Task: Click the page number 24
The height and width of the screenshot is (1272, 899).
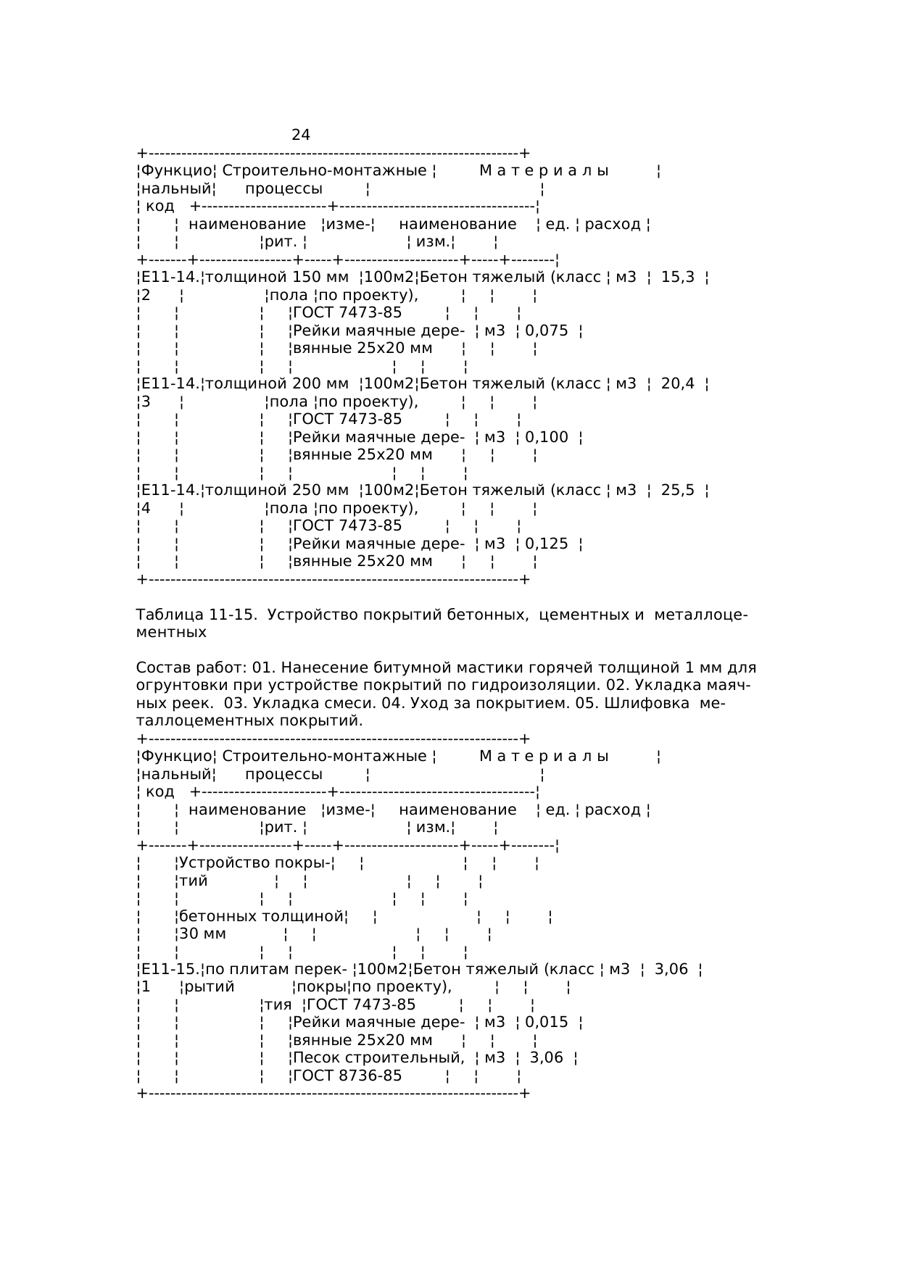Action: click(301, 135)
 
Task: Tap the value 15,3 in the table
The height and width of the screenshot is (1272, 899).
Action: click(677, 277)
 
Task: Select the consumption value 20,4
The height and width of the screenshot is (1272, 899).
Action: click(677, 383)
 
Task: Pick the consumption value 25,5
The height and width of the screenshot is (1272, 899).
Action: click(677, 490)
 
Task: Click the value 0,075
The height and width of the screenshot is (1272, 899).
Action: click(547, 331)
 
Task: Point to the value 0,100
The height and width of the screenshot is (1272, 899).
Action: click(547, 437)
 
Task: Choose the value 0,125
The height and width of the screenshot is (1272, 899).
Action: click(547, 544)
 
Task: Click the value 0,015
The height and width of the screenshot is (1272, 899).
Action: click(547, 1022)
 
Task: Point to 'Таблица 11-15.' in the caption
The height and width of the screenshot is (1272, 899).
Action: click(196, 615)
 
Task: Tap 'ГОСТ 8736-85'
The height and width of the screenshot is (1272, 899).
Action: click(347, 1076)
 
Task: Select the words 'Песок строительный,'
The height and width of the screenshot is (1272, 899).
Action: click(378, 1057)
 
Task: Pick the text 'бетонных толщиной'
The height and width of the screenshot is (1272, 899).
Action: click(261, 916)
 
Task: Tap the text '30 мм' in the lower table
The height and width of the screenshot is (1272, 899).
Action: click(202, 934)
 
